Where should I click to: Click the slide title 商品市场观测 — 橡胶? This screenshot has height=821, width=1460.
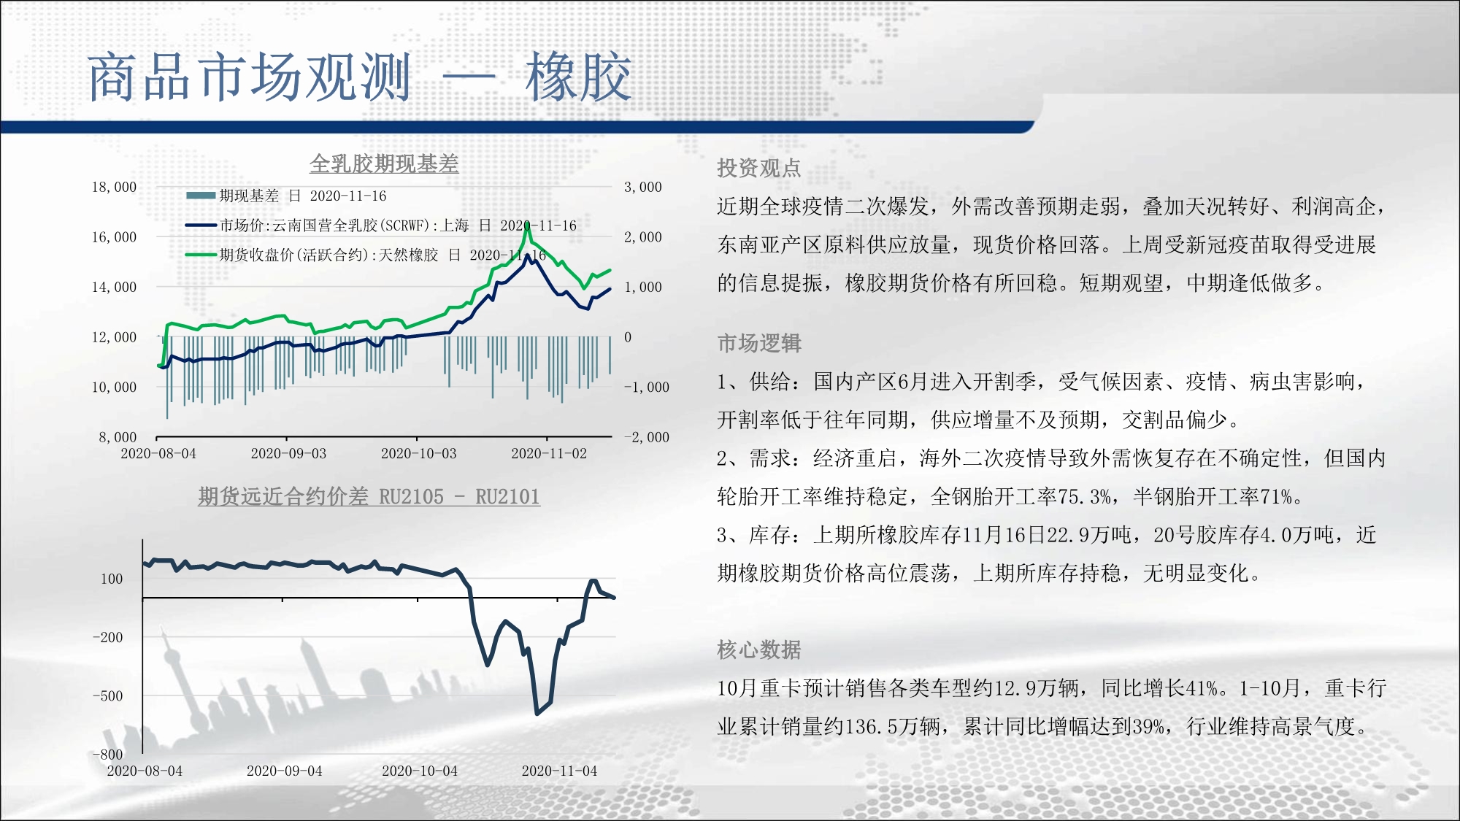tap(359, 77)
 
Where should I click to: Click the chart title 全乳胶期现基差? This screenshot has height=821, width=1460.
tap(384, 163)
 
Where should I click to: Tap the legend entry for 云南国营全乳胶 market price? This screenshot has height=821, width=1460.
tap(381, 226)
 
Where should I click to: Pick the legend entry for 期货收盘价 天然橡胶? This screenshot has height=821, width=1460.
tap(366, 255)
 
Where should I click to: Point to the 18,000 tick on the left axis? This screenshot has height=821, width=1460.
tap(114, 187)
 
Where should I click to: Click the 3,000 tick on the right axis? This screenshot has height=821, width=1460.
tap(643, 187)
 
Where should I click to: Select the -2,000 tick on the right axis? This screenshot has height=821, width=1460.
tap(647, 437)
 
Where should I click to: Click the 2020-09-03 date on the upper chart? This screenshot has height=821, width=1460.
tap(288, 453)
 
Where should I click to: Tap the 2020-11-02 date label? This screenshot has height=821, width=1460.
tap(549, 453)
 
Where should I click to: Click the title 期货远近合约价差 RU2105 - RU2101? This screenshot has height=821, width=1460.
tap(369, 497)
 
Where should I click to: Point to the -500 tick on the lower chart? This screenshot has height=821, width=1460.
tap(108, 695)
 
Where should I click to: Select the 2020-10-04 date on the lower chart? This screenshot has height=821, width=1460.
tap(420, 771)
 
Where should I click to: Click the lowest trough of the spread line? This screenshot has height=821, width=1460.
tap(537, 713)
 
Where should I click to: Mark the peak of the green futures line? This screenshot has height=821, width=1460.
tap(527, 226)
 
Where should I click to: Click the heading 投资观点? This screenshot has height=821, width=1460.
tap(759, 169)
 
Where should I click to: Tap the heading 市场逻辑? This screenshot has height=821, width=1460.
tap(759, 343)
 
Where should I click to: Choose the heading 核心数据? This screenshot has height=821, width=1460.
tap(759, 650)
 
